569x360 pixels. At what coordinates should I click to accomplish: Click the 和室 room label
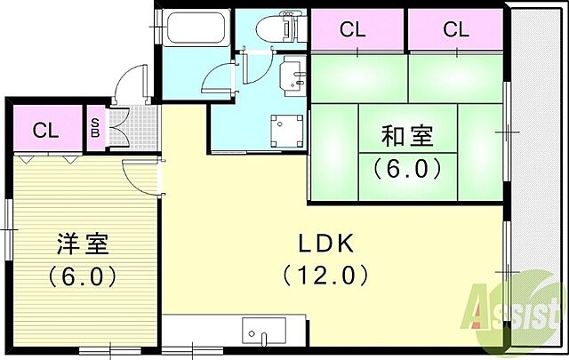(407, 137)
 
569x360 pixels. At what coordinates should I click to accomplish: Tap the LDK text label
(325, 244)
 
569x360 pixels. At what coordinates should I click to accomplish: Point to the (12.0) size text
(325, 276)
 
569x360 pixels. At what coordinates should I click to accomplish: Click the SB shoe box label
(94, 129)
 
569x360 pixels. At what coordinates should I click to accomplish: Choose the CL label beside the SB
(46, 130)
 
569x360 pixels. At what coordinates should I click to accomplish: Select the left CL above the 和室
(353, 29)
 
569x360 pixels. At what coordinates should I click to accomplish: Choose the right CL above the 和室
(455, 29)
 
